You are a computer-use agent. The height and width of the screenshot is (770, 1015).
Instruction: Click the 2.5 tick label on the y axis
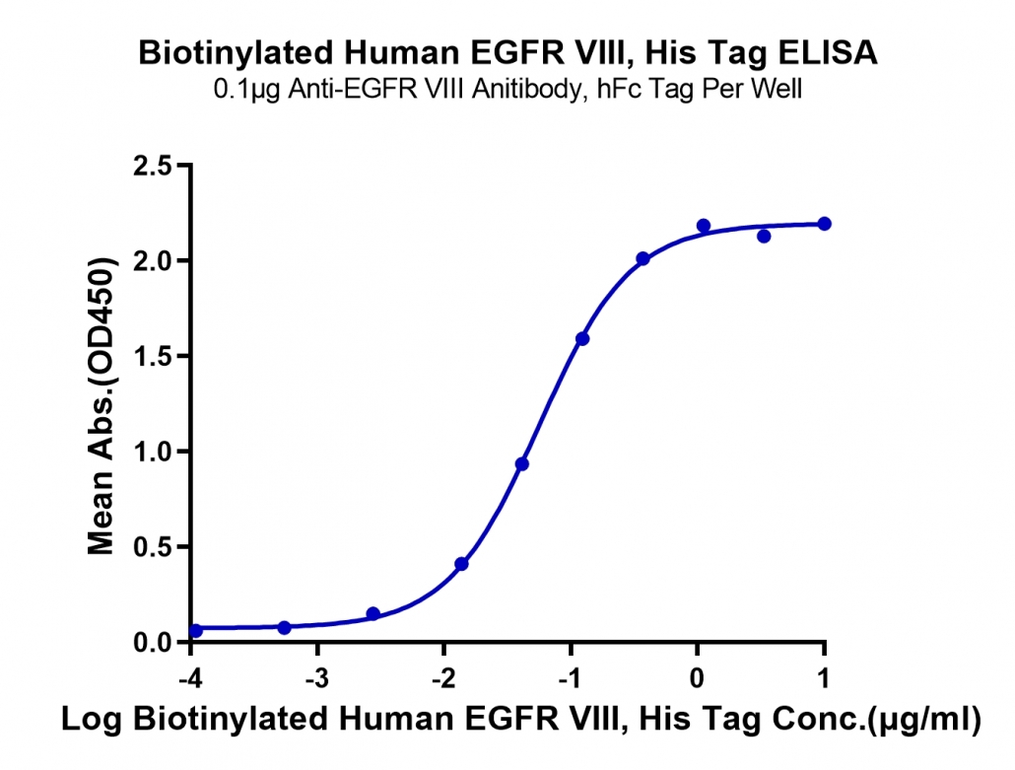152,167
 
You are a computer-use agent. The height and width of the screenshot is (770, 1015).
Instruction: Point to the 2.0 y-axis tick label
152,261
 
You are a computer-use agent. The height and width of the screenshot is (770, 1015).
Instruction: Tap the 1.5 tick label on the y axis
152,357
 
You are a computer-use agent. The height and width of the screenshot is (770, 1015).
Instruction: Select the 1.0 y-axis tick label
152,452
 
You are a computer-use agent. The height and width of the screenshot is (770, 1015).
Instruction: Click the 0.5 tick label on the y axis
152,547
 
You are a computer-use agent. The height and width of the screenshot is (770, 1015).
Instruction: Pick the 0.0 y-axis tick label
152,643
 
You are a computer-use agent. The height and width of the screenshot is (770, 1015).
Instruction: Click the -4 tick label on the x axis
190,678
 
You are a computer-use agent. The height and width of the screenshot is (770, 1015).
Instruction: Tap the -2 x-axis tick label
443,678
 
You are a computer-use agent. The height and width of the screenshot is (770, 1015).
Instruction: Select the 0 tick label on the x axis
697,678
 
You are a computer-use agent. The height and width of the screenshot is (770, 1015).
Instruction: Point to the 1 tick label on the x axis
824,678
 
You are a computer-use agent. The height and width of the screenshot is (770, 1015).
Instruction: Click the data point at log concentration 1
824,224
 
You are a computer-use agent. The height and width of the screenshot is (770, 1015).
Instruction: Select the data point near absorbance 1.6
582,339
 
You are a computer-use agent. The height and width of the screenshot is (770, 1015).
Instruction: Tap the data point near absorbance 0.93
521,464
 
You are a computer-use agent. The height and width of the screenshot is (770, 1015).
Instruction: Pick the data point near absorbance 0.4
461,564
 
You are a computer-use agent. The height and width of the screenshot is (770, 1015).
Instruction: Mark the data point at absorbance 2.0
643,259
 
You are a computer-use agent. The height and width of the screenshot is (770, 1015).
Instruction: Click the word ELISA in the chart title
828,53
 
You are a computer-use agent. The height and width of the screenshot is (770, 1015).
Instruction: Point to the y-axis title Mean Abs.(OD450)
102,405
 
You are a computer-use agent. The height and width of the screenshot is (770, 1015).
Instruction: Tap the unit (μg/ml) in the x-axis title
924,720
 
